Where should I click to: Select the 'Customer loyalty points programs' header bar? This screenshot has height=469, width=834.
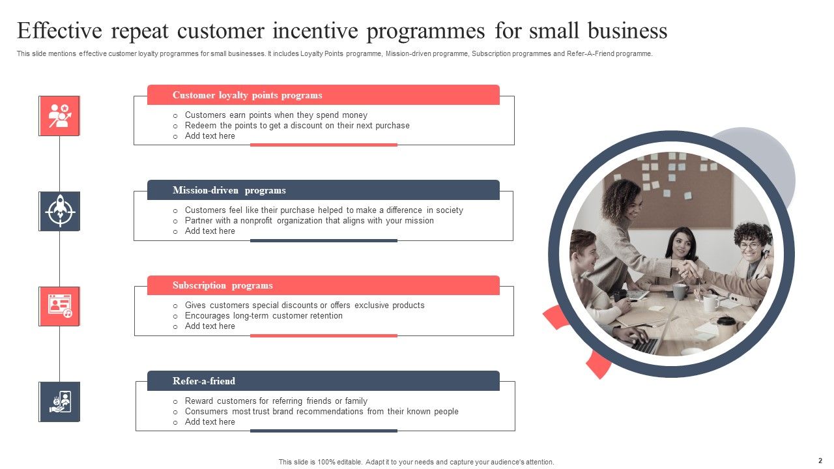click(x=323, y=95)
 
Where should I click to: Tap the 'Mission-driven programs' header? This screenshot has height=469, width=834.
click(x=323, y=190)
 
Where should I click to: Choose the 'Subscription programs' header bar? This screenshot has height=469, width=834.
click(x=323, y=285)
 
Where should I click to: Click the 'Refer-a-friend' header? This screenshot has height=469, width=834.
click(x=323, y=381)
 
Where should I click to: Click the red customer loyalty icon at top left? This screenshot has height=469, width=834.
click(x=59, y=116)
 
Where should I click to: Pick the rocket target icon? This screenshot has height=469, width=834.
click(x=59, y=211)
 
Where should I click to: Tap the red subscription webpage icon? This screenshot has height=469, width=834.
click(x=59, y=306)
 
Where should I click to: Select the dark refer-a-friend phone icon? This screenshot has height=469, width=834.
click(x=59, y=402)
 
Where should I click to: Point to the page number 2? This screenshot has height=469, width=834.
click(x=820, y=461)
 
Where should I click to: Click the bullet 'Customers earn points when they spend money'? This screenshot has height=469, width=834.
click(x=276, y=115)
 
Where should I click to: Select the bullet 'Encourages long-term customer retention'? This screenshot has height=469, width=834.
click(x=263, y=316)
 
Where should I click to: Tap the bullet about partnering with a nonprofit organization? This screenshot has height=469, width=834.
click(x=309, y=221)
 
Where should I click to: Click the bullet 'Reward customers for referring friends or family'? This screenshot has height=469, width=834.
click(x=276, y=401)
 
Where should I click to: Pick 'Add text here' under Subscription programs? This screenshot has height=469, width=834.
click(x=210, y=326)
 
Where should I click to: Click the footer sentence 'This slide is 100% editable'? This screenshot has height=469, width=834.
click(x=416, y=462)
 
